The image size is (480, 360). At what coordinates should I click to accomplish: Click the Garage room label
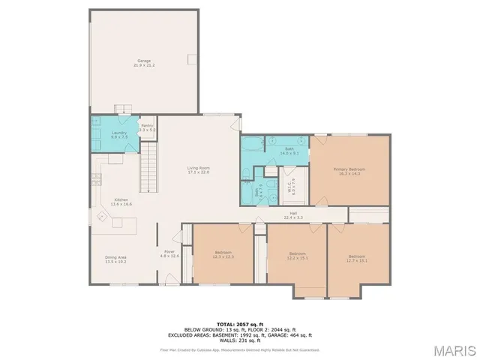[143, 62]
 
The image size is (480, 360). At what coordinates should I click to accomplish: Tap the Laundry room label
[118, 135]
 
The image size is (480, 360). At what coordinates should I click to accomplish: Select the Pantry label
[147, 127]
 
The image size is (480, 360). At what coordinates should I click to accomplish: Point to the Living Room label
[198, 170]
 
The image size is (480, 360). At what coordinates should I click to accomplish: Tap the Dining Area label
[115, 259]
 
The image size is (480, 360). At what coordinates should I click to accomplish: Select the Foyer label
[169, 253]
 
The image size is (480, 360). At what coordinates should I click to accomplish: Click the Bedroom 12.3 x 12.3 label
[224, 254]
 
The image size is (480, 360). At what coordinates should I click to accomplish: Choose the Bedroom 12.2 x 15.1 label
[298, 256]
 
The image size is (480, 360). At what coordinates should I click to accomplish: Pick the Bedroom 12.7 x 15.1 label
[355, 258]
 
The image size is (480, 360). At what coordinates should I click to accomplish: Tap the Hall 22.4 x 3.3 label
[293, 215]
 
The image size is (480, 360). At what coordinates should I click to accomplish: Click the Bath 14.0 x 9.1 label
[289, 151]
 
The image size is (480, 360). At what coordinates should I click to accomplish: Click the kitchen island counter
[124, 223]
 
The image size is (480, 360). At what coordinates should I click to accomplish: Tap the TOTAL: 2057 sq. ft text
[239, 324]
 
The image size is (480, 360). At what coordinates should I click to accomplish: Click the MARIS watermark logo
[454, 349]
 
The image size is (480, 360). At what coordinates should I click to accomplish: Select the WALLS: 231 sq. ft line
[239, 341]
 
